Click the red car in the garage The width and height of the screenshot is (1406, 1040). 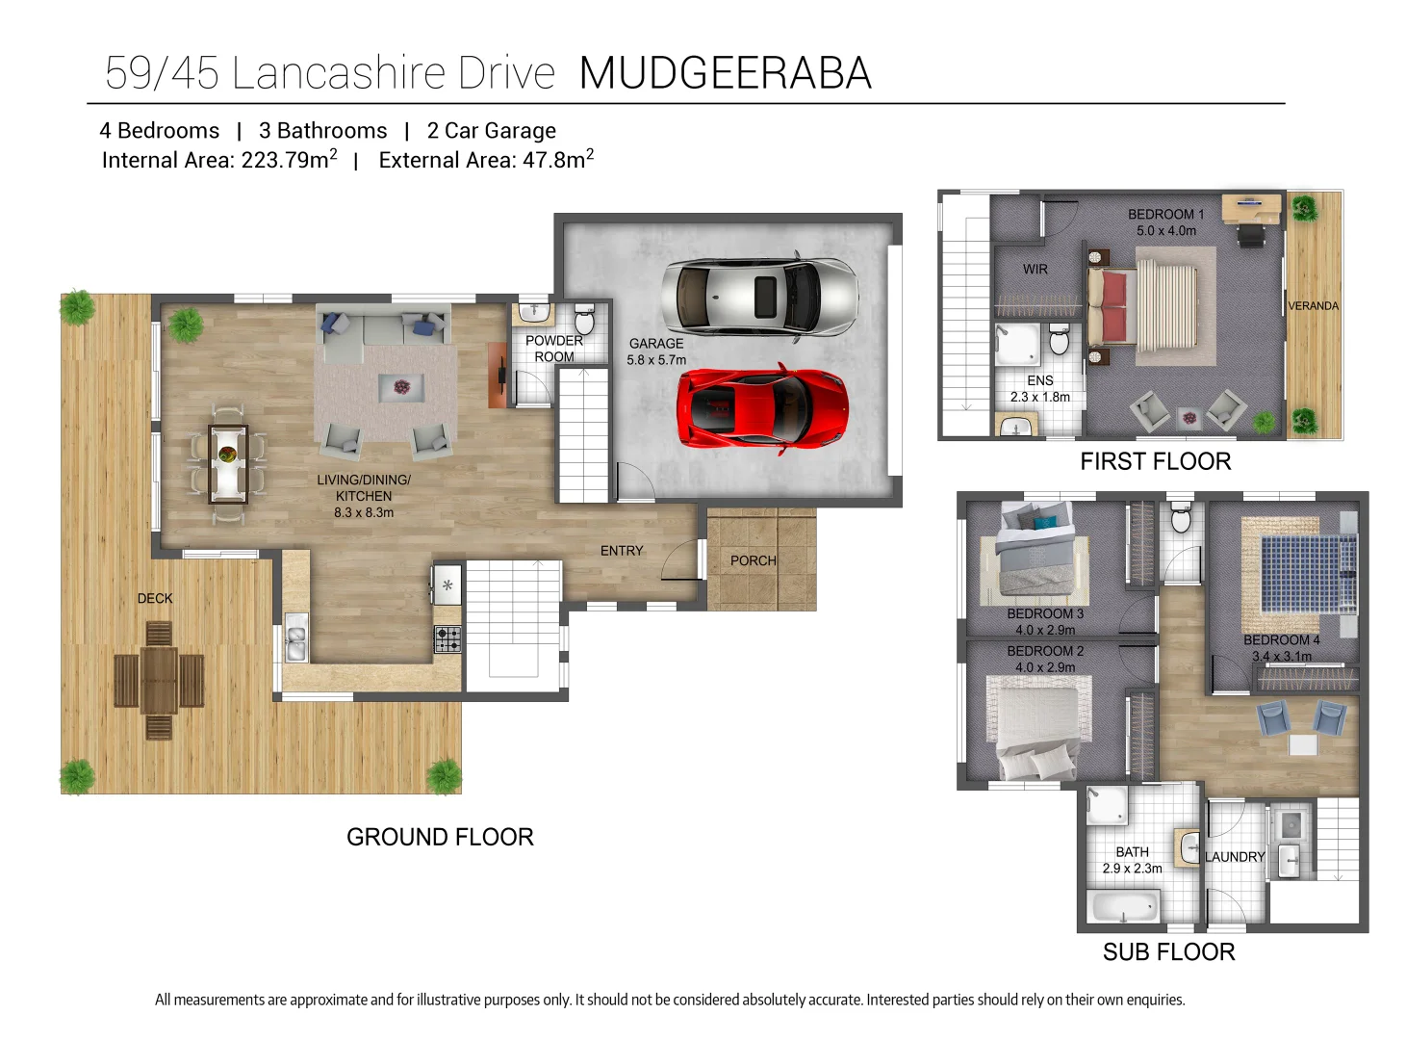(x=762, y=407)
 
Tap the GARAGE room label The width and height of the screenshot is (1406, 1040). (x=656, y=344)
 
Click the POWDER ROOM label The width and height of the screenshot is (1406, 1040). (x=554, y=349)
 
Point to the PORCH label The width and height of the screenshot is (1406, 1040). (x=753, y=560)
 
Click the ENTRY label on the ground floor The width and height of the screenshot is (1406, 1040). (x=622, y=551)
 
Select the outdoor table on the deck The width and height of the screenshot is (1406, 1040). (x=159, y=680)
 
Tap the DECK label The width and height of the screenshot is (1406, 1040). (x=155, y=598)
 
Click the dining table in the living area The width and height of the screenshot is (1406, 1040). (x=228, y=463)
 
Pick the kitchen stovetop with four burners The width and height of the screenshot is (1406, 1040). (x=447, y=639)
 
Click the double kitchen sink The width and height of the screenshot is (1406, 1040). (x=296, y=643)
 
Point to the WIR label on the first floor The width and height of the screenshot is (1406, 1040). (x=1035, y=270)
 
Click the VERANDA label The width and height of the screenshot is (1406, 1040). (x=1313, y=306)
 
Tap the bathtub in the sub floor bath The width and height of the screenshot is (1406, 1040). (x=1125, y=907)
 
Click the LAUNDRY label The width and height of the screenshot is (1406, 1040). (x=1235, y=857)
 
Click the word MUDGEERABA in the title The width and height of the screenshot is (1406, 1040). (x=726, y=73)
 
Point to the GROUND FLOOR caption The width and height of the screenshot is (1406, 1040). (x=440, y=837)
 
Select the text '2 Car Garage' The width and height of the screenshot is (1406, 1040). (x=491, y=131)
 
